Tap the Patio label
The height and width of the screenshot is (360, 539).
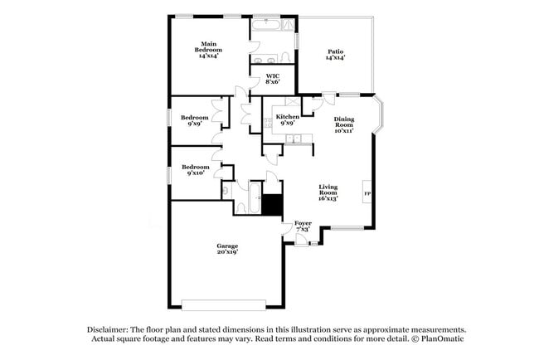pyautogui.click(x=335, y=53)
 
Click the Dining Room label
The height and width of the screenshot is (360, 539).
pyautogui.click(x=344, y=124)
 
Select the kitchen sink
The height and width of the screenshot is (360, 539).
pyautogui.click(x=293, y=139)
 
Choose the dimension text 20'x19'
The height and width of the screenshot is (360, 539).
pyautogui.click(x=227, y=252)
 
